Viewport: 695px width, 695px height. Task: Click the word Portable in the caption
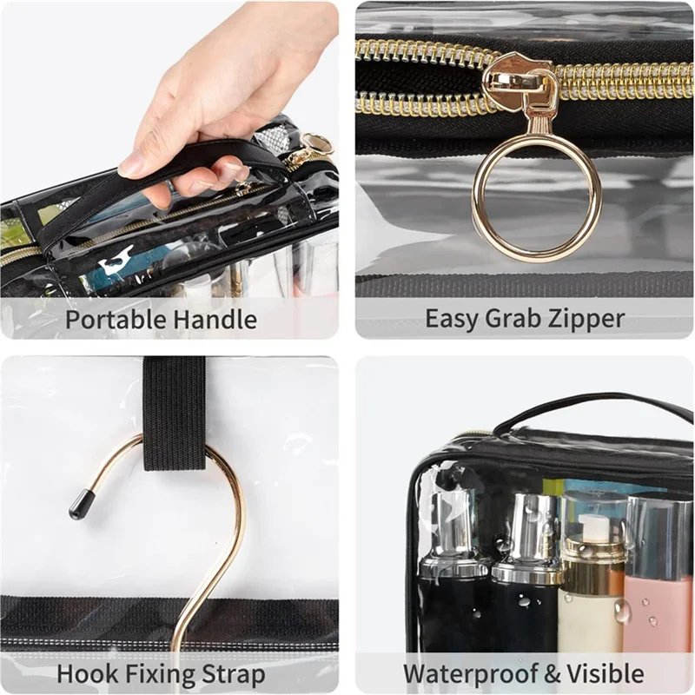coord(116,319)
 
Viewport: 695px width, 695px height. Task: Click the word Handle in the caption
coord(215,319)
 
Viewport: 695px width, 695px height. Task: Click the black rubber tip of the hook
coord(81,504)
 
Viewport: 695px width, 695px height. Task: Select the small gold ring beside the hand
coord(317,142)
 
